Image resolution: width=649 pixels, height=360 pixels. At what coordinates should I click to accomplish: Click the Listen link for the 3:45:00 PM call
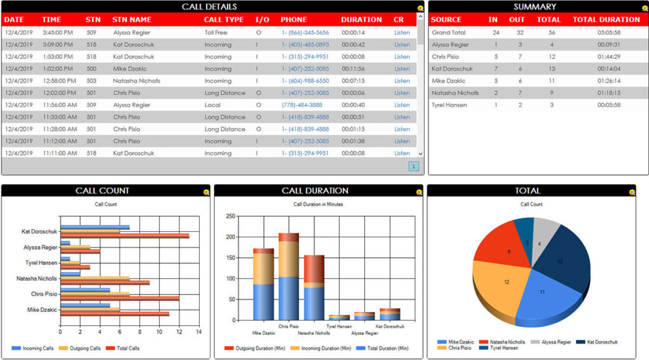click(402, 32)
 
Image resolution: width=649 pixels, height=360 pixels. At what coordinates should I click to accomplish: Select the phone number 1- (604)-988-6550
click(305, 81)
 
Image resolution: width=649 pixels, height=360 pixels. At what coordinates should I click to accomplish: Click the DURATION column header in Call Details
click(361, 20)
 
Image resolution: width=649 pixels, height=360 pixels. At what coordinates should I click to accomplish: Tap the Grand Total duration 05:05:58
click(608, 32)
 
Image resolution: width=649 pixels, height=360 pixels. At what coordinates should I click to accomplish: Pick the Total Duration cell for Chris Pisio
click(608, 56)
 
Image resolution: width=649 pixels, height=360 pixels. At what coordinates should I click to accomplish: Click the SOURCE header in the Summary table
click(446, 20)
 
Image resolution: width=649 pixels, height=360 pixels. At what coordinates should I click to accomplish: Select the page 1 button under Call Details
click(413, 167)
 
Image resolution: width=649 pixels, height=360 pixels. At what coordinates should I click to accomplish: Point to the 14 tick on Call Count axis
click(198, 331)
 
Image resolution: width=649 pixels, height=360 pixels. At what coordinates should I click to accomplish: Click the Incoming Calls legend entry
click(34, 348)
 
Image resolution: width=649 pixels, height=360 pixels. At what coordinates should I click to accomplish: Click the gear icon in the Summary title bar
click(641, 8)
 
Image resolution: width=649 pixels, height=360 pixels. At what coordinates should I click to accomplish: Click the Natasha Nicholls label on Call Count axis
click(37, 279)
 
